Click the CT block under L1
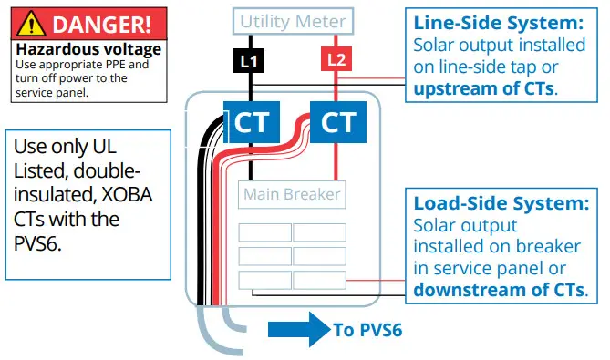(252, 121)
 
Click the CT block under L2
(337, 121)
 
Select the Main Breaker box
(292, 194)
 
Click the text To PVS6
(369, 330)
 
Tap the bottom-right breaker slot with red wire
(319, 280)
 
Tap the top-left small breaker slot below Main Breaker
(264, 232)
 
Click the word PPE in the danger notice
(125, 65)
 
